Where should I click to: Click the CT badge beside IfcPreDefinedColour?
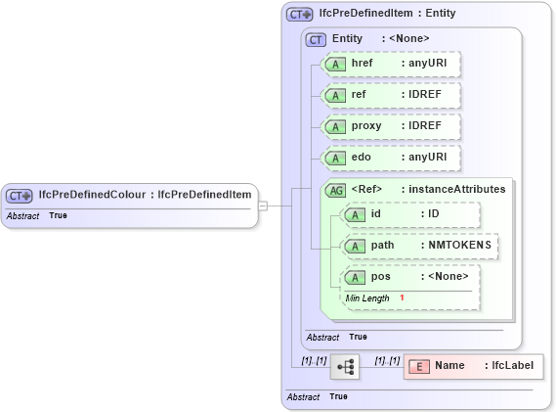coord(21,195)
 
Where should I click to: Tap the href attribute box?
coord(391,64)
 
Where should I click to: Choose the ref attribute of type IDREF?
coord(391,95)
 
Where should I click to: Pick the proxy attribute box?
coord(391,126)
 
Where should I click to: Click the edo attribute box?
coord(391,158)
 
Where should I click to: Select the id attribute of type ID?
coord(409,214)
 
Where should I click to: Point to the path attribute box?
coord(419,246)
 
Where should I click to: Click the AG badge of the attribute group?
coord(335,189)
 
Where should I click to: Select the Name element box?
coord(473,366)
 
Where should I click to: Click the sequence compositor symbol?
coord(345,367)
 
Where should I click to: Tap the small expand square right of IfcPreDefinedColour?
coord(262,206)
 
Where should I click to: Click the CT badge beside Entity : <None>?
coord(316,39)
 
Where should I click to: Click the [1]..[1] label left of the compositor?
coord(314,361)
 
